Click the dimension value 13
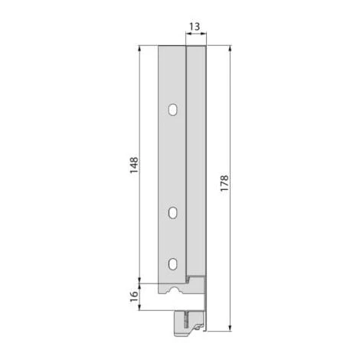[x=195, y=27]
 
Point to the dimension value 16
[x=133, y=295]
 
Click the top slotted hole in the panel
[x=173, y=110]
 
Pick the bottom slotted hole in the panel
[x=173, y=263]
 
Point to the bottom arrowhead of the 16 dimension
[x=139, y=308]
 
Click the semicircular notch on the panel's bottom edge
[x=178, y=291]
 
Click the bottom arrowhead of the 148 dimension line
[x=139, y=278]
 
